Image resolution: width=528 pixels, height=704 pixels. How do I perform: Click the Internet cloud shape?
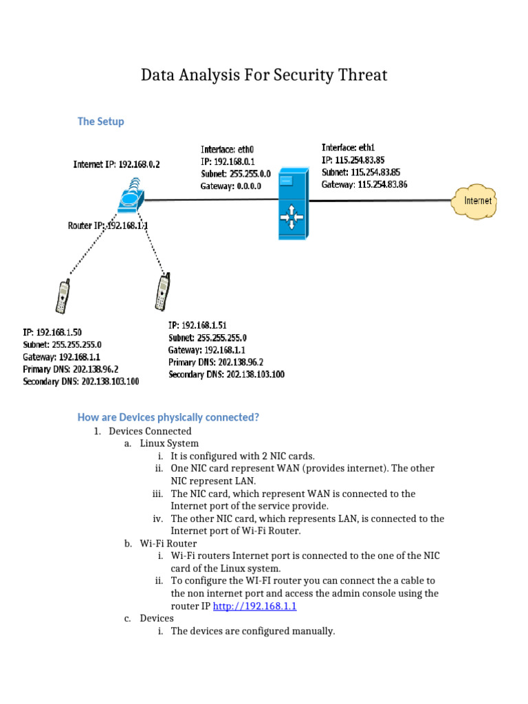coord(477,201)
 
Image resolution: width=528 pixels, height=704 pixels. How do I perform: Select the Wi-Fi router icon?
coord(131,197)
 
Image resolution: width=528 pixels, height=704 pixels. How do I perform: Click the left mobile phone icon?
coord(62,296)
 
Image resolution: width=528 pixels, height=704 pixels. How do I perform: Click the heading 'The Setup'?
coord(100,121)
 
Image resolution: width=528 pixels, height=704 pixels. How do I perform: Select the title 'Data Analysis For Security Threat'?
coord(264,74)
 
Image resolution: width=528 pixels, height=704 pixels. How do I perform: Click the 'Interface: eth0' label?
coord(228,149)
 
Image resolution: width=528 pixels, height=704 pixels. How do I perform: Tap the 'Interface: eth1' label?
coord(349,147)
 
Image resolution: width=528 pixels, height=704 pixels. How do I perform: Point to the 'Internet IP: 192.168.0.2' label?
coord(117,164)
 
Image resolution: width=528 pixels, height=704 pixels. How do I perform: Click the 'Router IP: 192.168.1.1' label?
coord(108,225)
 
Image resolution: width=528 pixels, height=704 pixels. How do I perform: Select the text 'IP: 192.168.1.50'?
coord(52,332)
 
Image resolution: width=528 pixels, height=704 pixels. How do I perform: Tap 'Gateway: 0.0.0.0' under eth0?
coord(231,186)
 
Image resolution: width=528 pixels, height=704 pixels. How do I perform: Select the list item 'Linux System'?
coord(169,443)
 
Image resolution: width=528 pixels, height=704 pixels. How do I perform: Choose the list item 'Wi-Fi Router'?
coord(168,543)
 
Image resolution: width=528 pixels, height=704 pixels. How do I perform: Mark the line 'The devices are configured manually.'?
coord(252,631)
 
